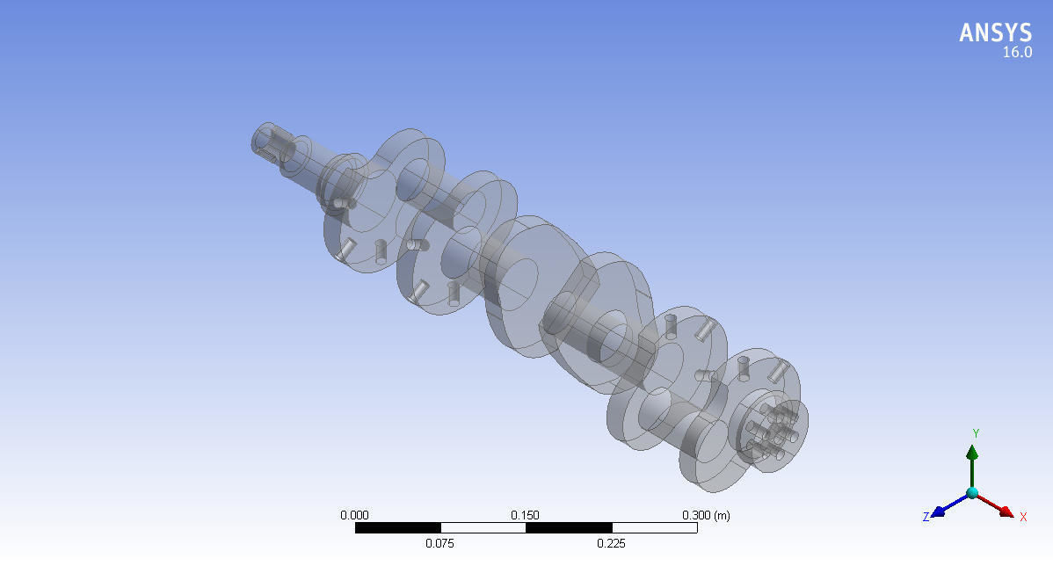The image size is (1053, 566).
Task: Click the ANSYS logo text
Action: [995, 33]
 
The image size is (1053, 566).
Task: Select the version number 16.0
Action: [1017, 53]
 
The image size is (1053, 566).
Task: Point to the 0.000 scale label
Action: [354, 515]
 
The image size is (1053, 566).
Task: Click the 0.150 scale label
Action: [526, 515]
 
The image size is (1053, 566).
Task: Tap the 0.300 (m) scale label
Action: [706, 515]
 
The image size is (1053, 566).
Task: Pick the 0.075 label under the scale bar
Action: [439, 543]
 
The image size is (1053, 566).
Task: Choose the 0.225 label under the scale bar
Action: [611, 543]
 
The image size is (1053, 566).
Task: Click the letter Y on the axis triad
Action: [975, 433]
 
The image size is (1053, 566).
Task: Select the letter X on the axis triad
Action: [1023, 517]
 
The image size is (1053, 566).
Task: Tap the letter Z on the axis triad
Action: [926, 517]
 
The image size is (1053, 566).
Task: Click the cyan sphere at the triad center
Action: [972, 493]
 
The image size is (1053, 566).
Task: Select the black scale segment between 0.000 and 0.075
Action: [397, 528]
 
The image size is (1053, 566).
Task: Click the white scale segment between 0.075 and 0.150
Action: [483, 528]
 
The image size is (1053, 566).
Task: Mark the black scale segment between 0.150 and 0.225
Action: [568, 528]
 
